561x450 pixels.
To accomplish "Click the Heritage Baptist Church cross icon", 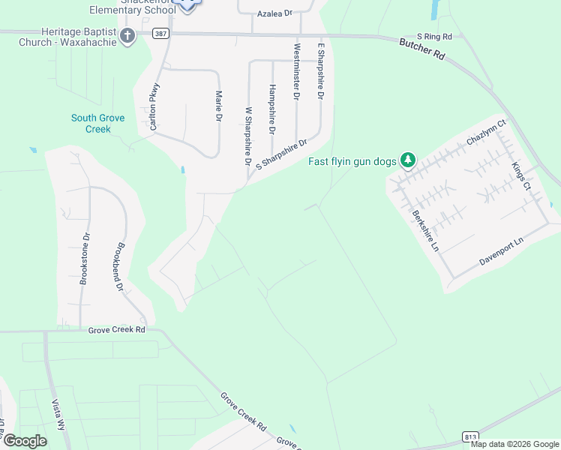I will pyautogui.click(x=127, y=35).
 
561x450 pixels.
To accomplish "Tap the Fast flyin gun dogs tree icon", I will pyautogui.click(x=408, y=160).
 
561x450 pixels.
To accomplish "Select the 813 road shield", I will pyautogui.click(x=470, y=436).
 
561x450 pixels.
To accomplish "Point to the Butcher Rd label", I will pyautogui.click(x=421, y=55).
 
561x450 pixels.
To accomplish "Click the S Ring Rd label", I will pyautogui.click(x=436, y=36).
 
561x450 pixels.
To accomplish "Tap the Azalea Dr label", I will pyautogui.click(x=274, y=13).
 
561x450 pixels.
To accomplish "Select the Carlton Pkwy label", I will pyautogui.click(x=155, y=106).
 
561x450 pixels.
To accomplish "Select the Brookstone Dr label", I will pyautogui.click(x=85, y=259).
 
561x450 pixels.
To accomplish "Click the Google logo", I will pyautogui.click(x=25, y=440).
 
